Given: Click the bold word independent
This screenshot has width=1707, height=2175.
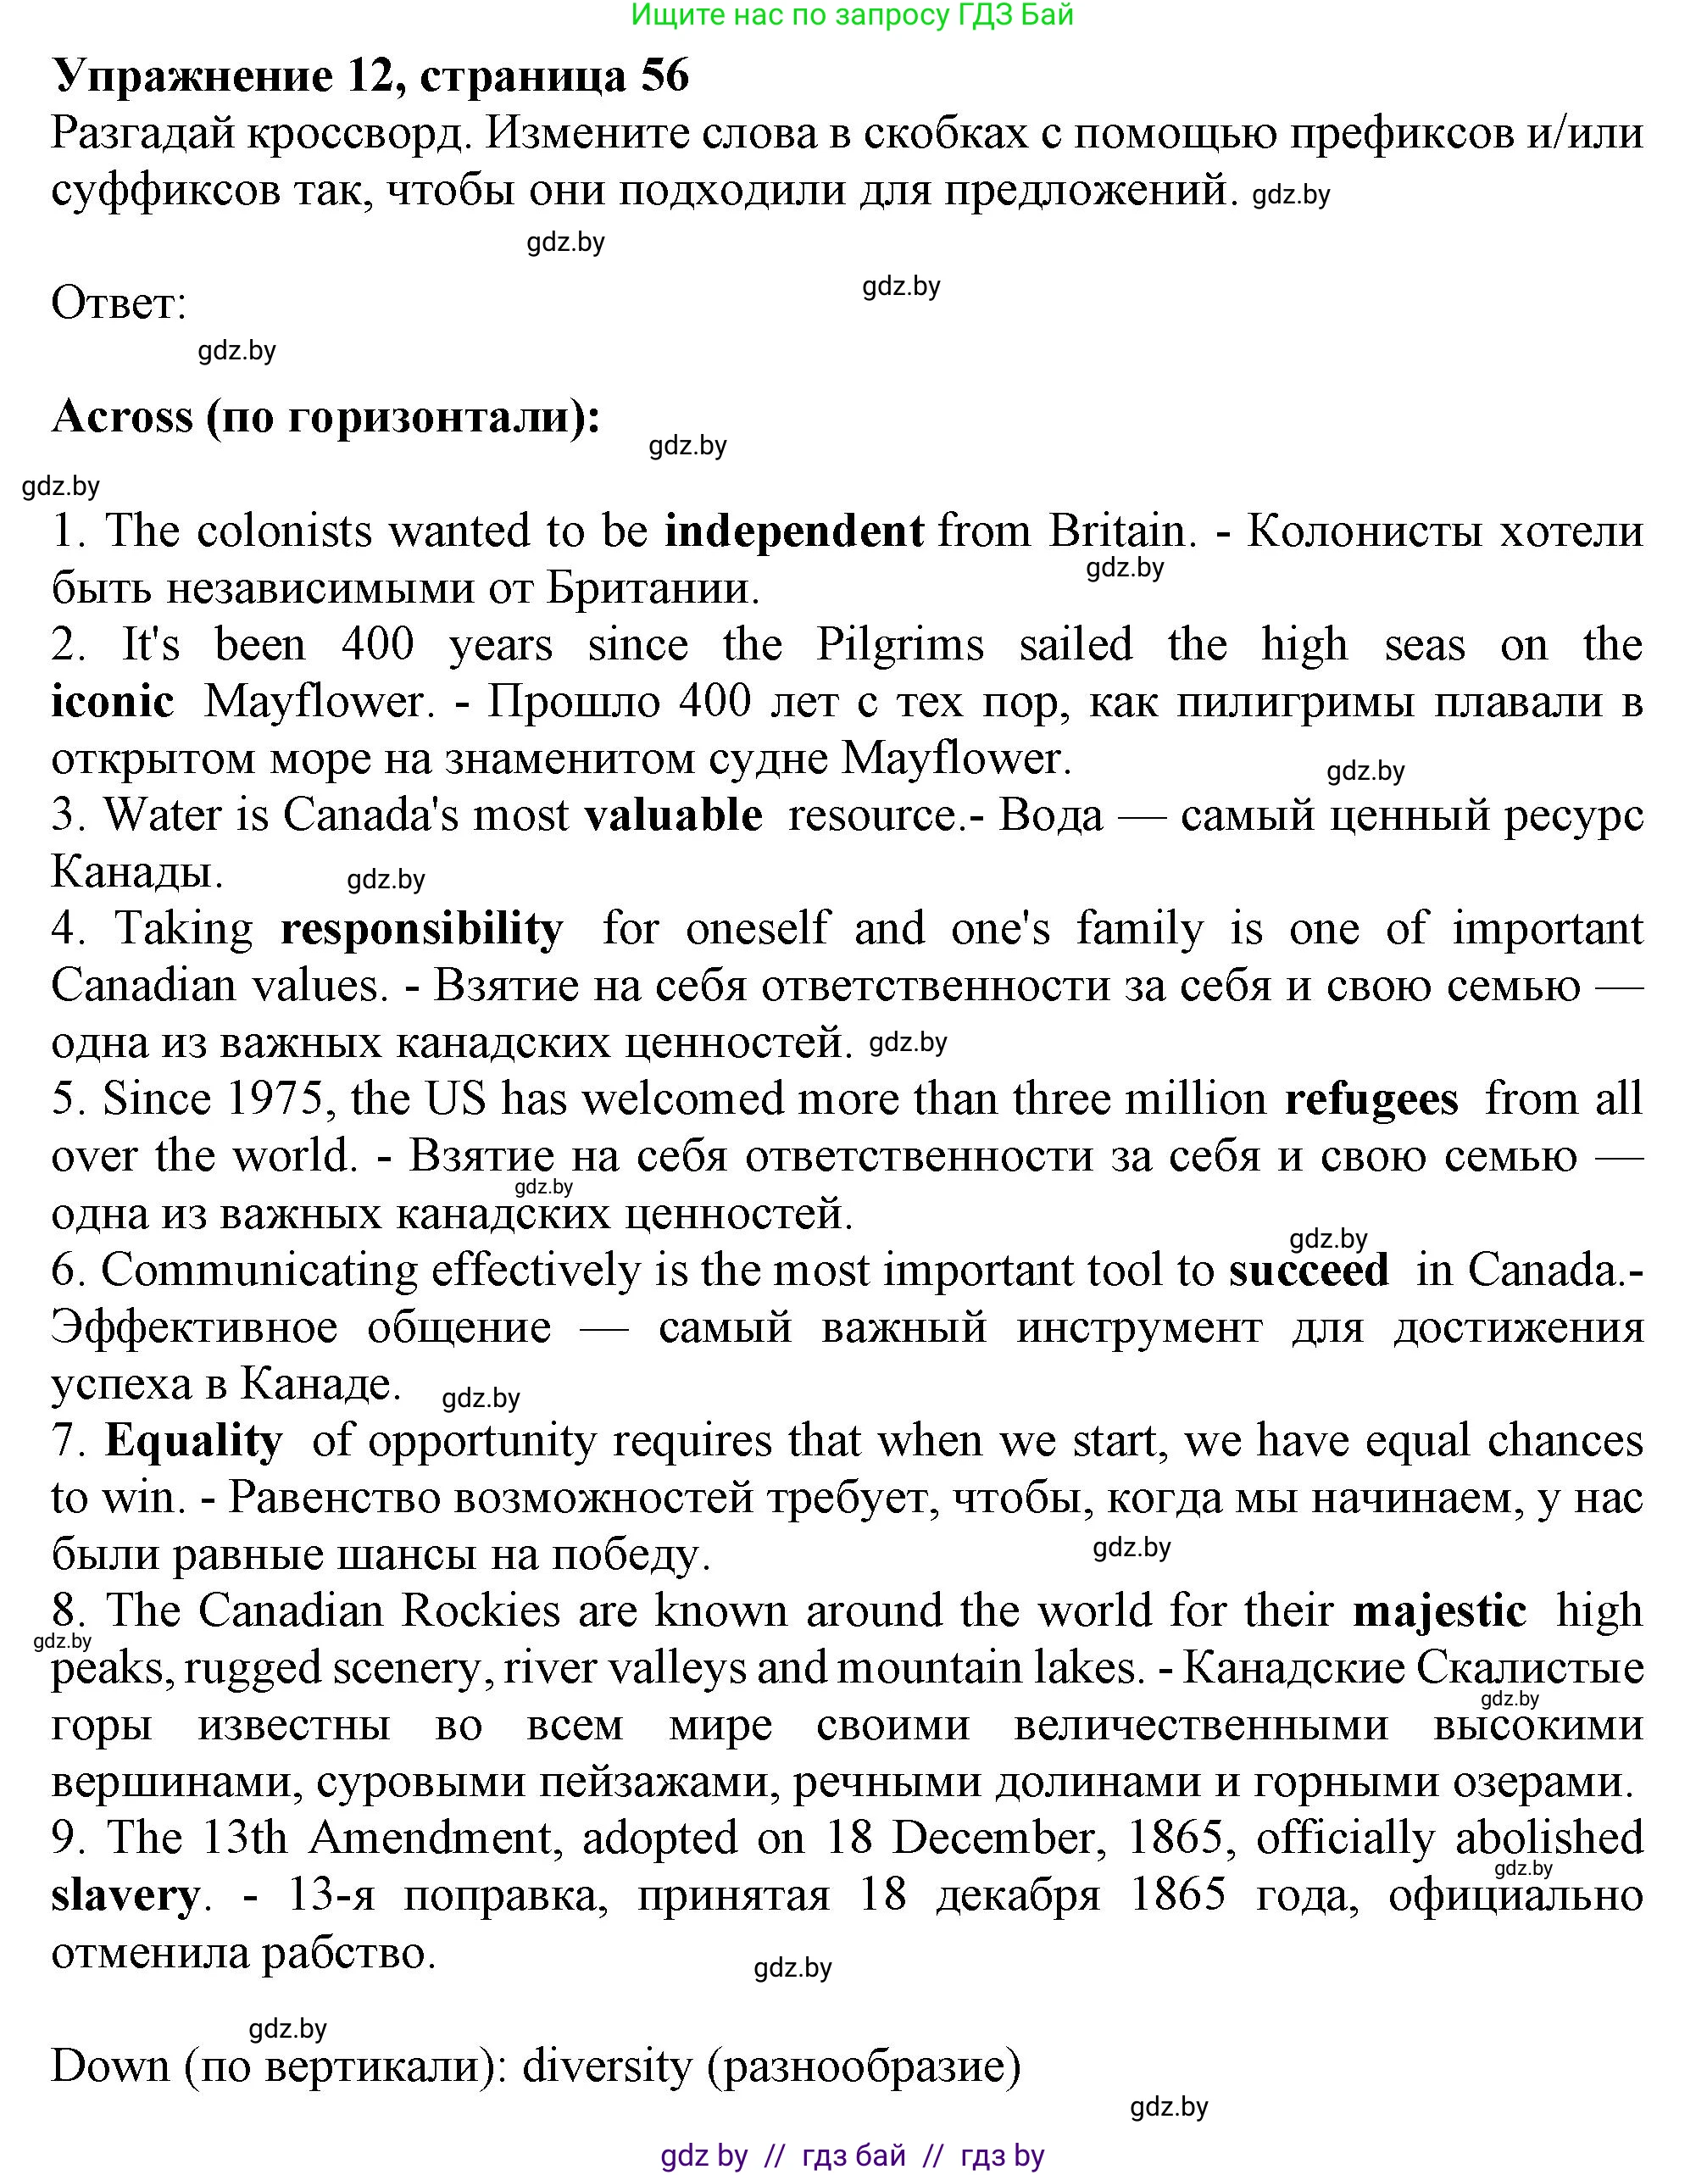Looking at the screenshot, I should (793, 531).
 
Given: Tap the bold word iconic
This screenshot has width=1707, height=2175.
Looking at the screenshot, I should (112, 702).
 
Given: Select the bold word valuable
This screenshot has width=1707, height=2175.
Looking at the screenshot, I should (673, 815).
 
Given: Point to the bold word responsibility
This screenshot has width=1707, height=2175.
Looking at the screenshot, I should (422, 930).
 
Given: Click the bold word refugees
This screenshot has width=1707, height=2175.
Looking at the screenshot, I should (1371, 1099).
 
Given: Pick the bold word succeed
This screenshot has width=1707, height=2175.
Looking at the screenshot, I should (1309, 1271).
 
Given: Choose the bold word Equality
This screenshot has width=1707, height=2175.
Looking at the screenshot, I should (194, 1441).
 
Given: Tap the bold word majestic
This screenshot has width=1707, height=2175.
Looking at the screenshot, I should (1439, 1611).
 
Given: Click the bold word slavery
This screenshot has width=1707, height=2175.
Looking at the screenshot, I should (125, 1896).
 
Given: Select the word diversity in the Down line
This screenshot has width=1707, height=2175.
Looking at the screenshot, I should (607, 2066).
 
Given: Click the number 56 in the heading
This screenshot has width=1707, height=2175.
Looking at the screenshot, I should (664, 76).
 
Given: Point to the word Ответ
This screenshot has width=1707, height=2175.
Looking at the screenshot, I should (119, 303).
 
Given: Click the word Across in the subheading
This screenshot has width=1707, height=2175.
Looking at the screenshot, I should (122, 416).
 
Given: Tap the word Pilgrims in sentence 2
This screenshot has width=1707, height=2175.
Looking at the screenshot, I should (899, 646).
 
